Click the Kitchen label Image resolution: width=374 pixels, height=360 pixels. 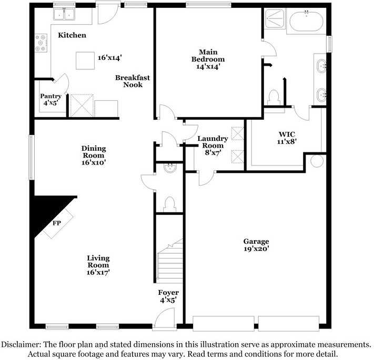[72, 35]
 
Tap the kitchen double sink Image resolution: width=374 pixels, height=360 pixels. [64, 14]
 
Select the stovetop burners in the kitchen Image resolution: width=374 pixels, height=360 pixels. [41, 43]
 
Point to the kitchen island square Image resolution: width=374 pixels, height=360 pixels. [85, 60]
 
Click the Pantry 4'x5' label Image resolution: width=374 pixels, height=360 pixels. [50, 99]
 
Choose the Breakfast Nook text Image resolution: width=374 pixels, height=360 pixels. [133, 81]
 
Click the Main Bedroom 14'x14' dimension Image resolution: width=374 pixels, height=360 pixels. [208, 66]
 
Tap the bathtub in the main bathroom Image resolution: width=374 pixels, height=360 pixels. [306, 21]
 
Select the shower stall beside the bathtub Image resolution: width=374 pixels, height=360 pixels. [275, 18]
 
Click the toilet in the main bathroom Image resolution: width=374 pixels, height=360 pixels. [274, 97]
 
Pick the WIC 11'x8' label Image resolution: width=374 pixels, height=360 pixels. [287, 138]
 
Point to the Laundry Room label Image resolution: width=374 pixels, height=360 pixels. [213, 142]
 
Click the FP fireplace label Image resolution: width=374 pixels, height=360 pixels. [56, 223]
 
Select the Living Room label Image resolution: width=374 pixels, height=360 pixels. [98, 261]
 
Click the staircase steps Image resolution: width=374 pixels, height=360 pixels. [170, 262]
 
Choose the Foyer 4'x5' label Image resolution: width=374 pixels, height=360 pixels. [168, 296]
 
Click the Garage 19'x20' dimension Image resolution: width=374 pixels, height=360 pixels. [256, 249]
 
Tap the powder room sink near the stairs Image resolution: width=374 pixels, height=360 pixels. [170, 168]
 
